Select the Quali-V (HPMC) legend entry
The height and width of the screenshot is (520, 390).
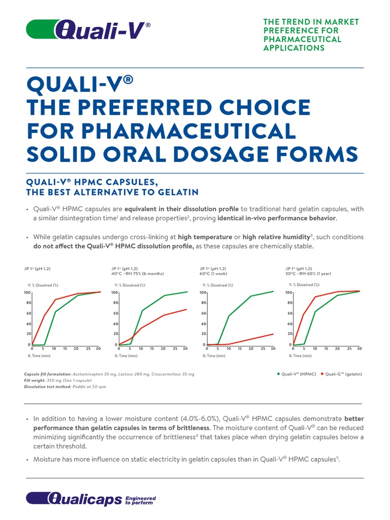(x=297, y=374)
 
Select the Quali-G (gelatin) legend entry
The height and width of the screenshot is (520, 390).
(x=341, y=374)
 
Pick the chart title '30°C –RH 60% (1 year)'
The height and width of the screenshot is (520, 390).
(x=308, y=273)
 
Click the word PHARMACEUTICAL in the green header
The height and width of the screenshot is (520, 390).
(x=302, y=39)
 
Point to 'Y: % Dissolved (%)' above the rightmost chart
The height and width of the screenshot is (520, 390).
(x=304, y=285)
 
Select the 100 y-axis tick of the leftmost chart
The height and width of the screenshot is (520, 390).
(x=27, y=292)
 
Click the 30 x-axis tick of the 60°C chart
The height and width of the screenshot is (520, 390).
(x=273, y=349)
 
